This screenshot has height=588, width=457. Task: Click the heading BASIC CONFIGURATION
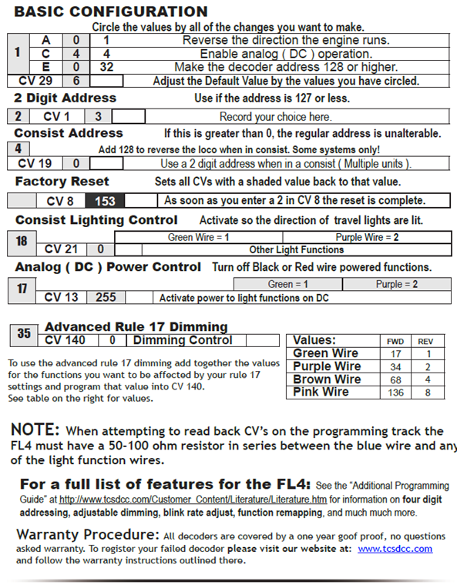111,12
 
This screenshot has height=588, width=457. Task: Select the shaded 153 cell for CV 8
106,201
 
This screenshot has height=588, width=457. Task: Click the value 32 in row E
106,67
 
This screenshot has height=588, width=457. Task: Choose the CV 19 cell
35,163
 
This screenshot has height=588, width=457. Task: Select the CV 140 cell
66,340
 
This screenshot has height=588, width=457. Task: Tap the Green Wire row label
326,353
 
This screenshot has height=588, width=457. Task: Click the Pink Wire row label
322,393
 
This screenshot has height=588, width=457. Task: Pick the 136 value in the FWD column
394,393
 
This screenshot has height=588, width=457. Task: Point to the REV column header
425,340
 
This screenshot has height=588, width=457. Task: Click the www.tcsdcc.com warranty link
395,549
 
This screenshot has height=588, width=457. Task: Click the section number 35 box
24,334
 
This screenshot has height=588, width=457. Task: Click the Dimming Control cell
183,340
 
